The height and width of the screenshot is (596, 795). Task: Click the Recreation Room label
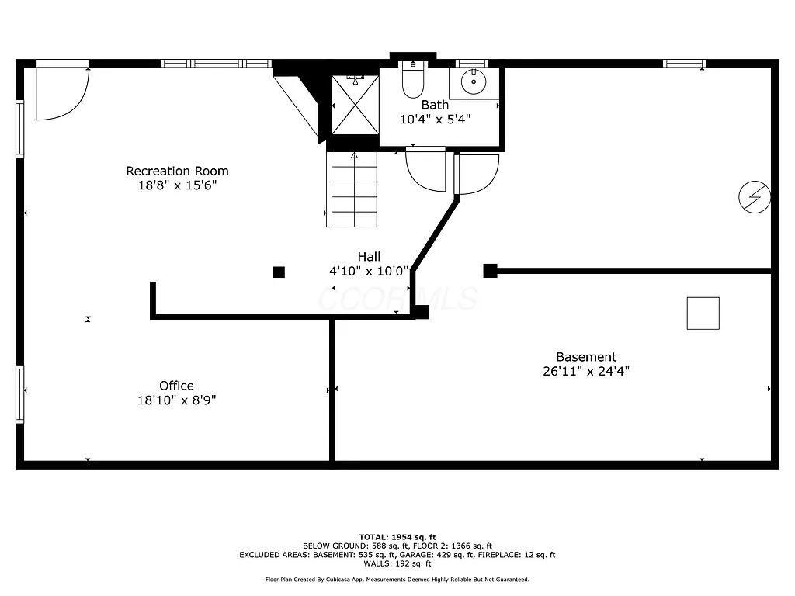click(177, 171)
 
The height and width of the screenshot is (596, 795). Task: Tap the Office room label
click(176, 386)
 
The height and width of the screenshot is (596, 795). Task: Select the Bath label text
click(435, 105)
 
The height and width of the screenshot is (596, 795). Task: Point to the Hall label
click(369, 257)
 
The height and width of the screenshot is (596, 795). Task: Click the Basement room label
click(586, 357)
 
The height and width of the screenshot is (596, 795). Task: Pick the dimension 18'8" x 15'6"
click(177, 185)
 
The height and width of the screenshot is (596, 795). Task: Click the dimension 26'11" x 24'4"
click(586, 371)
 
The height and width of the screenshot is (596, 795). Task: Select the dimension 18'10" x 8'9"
click(176, 400)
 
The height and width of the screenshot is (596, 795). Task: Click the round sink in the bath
click(473, 81)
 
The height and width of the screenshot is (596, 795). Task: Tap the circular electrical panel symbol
click(754, 197)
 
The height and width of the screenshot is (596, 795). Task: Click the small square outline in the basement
click(703, 314)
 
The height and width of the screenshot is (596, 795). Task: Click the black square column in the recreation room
click(279, 272)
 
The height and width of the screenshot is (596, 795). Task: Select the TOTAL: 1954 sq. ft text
click(397, 537)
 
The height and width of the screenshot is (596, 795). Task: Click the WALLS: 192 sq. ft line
click(397, 563)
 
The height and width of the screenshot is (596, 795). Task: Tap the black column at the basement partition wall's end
click(490, 270)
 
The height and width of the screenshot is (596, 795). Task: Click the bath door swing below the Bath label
click(427, 169)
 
